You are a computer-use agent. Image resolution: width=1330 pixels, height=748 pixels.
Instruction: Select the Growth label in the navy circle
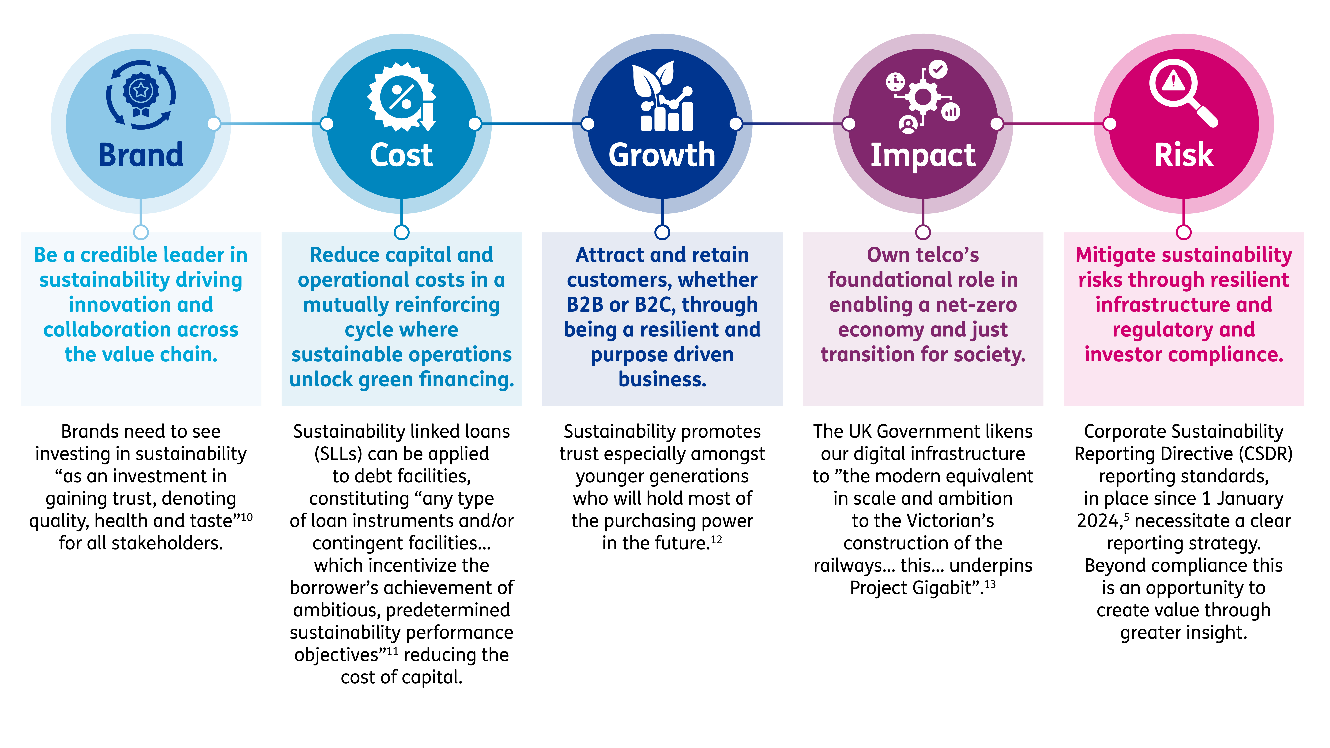[662, 155]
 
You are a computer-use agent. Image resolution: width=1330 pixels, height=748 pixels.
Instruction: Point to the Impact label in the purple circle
[923, 155]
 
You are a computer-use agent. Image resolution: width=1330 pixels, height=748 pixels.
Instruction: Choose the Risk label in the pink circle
[1183, 155]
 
